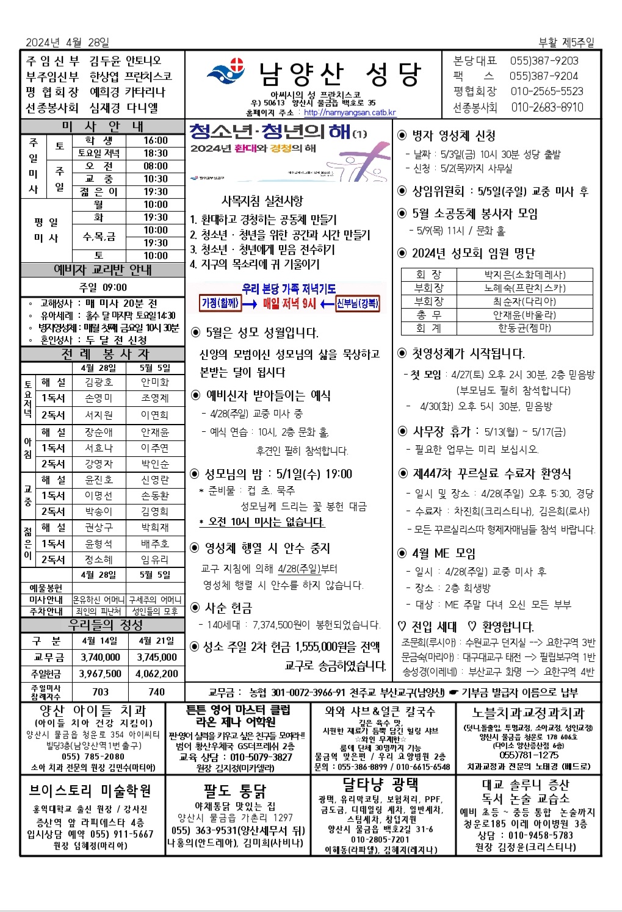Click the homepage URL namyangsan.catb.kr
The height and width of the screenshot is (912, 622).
click(x=350, y=112)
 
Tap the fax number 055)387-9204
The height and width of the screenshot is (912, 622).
click(x=543, y=76)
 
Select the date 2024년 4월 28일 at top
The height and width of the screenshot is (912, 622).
click(x=67, y=43)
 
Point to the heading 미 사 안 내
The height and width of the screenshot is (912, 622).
click(x=102, y=126)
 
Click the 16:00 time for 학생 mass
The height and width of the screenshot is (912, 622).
click(x=156, y=140)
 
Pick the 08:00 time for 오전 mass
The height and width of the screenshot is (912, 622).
click(x=156, y=166)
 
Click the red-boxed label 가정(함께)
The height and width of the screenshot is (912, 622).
click(x=220, y=303)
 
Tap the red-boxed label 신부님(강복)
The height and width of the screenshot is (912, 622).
click(x=358, y=303)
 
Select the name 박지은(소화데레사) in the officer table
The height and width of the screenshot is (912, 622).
click(x=525, y=275)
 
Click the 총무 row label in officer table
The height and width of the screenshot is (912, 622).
click(x=429, y=315)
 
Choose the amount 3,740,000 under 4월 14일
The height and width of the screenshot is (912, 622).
click(x=100, y=657)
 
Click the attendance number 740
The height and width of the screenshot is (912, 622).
click(x=156, y=692)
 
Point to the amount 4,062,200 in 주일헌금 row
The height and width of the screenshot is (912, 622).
click(x=156, y=673)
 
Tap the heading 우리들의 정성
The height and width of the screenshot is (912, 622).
click(x=102, y=625)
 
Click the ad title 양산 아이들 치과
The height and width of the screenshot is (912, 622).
click(x=92, y=711)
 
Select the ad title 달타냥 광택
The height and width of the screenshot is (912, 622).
click(x=380, y=784)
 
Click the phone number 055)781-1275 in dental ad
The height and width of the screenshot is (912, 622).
click(x=528, y=755)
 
